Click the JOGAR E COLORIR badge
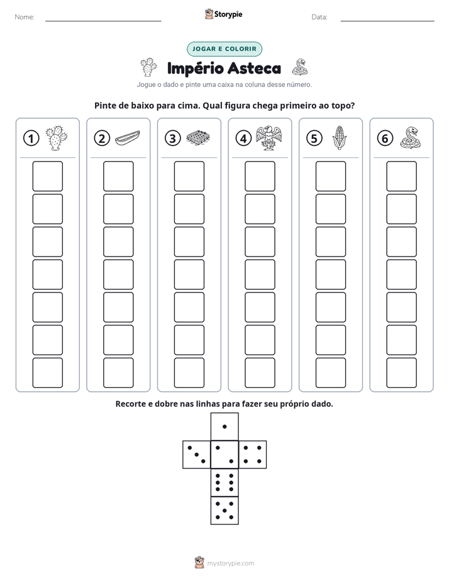point(224,49)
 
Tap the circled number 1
point(31,138)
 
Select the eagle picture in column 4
point(269,138)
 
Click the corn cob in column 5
point(340,138)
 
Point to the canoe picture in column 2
point(128,138)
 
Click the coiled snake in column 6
point(411,138)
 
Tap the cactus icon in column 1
point(57,138)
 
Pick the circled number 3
point(173,138)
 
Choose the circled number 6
point(385,138)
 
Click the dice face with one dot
point(224,426)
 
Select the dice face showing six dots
point(224,482)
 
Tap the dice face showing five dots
point(224,511)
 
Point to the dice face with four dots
point(253,454)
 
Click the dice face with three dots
point(196,454)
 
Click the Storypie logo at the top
point(223,14)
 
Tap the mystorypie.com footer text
point(230,563)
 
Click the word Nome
point(25,17)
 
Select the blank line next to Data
point(387,21)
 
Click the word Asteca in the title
point(254,68)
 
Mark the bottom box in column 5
point(331,373)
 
